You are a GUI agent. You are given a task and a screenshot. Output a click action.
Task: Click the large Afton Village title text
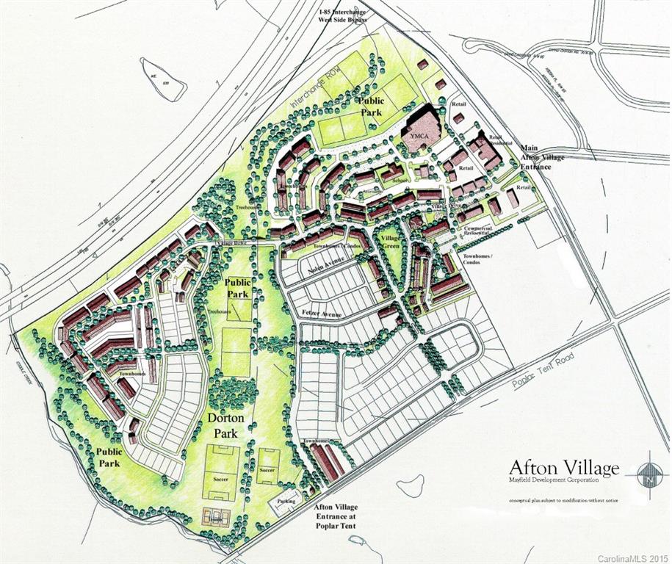[564, 467]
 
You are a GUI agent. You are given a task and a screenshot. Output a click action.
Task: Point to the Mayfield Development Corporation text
[554, 480]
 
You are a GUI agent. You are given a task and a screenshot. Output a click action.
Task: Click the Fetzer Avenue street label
[322, 314]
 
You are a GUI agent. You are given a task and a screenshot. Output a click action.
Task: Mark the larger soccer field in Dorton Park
[221, 474]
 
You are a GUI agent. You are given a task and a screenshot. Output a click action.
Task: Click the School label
[400, 179]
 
